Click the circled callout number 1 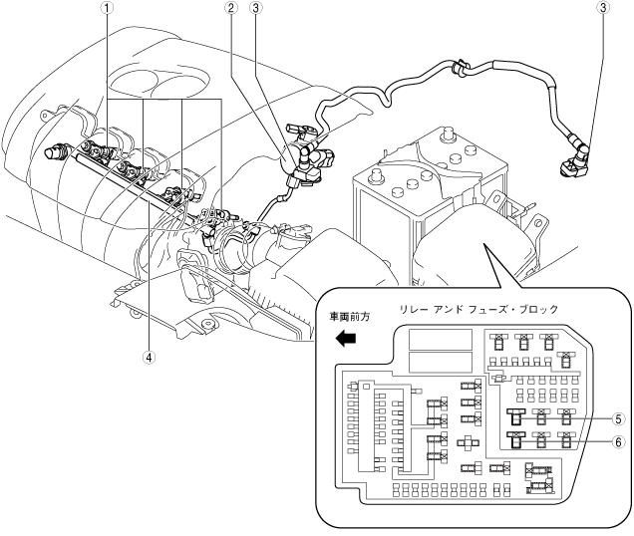[x=107, y=8]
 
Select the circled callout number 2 [x=231, y=8]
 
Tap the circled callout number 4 [x=150, y=357]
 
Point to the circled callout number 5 [x=618, y=419]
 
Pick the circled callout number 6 [x=618, y=442]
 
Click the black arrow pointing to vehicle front [x=345, y=338]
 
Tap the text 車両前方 [x=350, y=317]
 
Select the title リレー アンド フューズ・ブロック [x=478, y=310]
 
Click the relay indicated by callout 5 [x=516, y=416]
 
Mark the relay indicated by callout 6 [x=516, y=440]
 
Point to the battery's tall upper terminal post [x=447, y=134]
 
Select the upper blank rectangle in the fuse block [x=441, y=340]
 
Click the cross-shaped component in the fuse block [x=469, y=442]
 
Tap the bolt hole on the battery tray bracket [x=537, y=223]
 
